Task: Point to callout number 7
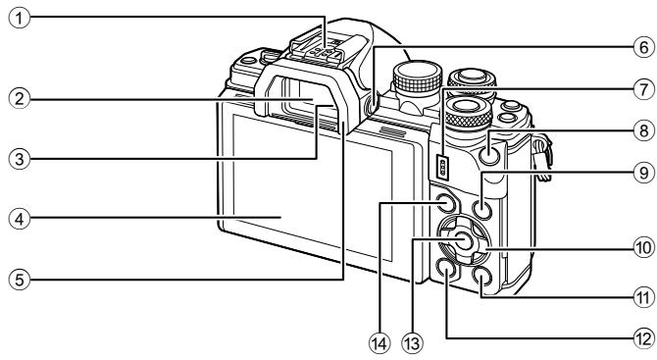pyautogui.click(x=641, y=86)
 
